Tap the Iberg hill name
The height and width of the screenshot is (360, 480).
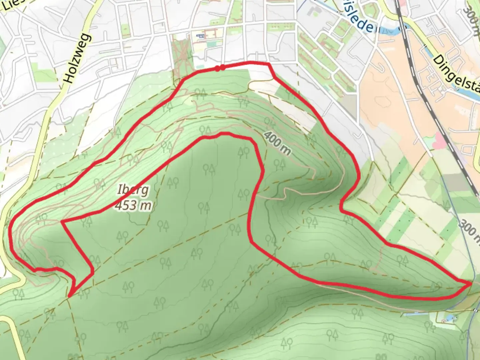[x=133, y=190]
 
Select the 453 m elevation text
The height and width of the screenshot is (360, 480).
[x=133, y=205]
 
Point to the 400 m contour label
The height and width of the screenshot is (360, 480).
[x=277, y=143]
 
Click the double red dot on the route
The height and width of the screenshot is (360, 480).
[x=220, y=68]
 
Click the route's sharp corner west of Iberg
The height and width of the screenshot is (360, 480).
[x=62, y=221]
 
